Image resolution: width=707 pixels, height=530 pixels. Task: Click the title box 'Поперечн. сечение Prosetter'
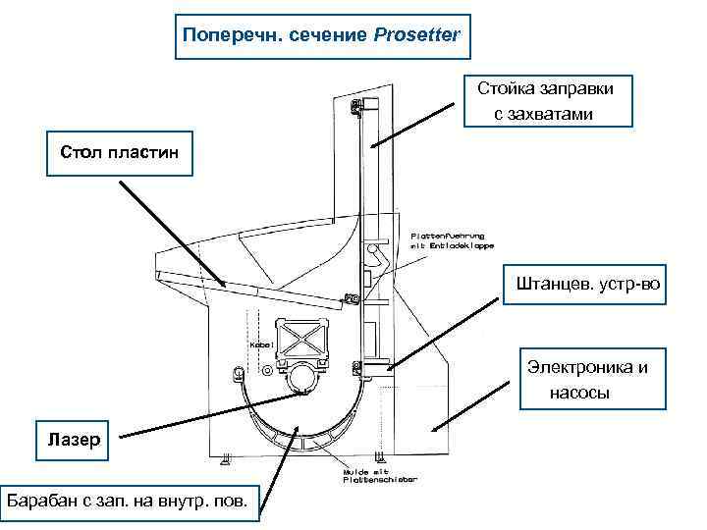coord(323,36)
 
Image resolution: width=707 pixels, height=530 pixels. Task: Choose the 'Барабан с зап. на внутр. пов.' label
coord(129,502)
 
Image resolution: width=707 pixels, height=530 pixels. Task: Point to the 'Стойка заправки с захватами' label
coord(546,102)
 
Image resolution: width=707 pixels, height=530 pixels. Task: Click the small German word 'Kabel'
coord(260,345)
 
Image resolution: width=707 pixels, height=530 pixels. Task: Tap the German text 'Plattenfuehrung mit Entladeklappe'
coord(451,240)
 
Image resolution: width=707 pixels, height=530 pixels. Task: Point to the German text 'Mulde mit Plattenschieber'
coord(379,475)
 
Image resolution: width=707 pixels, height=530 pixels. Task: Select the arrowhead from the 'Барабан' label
coord(299,428)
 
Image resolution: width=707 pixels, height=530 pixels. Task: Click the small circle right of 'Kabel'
coord(267,370)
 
